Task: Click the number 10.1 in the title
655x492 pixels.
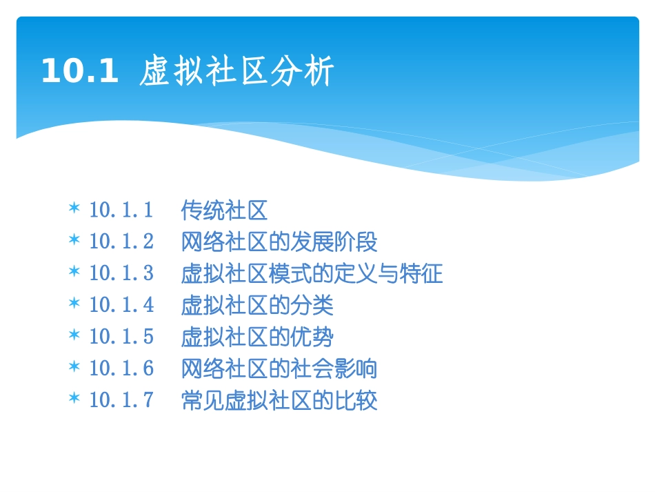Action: (79, 71)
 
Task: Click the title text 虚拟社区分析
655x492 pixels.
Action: (236, 72)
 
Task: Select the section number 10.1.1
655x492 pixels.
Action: (121, 209)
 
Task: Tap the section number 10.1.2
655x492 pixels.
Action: (121, 242)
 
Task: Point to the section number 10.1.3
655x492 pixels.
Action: (121, 273)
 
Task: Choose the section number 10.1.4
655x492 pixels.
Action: (121, 305)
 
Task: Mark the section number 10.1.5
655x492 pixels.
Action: (121, 337)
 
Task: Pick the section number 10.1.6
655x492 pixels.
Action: (121, 368)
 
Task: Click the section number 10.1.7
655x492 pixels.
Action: (121, 400)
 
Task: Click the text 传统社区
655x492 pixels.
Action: (224, 209)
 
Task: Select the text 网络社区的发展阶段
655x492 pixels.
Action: (279, 242)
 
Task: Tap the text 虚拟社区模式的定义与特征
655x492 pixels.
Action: (312, 273)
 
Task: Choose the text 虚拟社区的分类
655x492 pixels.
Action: (257, 305)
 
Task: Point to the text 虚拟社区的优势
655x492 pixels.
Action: (257, 337)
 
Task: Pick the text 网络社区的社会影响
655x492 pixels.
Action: (279, 368)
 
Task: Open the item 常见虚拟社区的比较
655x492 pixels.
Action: (279, 400)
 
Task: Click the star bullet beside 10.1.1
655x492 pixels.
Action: (74, 208)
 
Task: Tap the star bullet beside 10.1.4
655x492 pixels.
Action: (74, 304)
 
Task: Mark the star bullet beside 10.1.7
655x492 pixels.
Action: (74, 399)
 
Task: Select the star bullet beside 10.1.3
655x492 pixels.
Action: (74, 272)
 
